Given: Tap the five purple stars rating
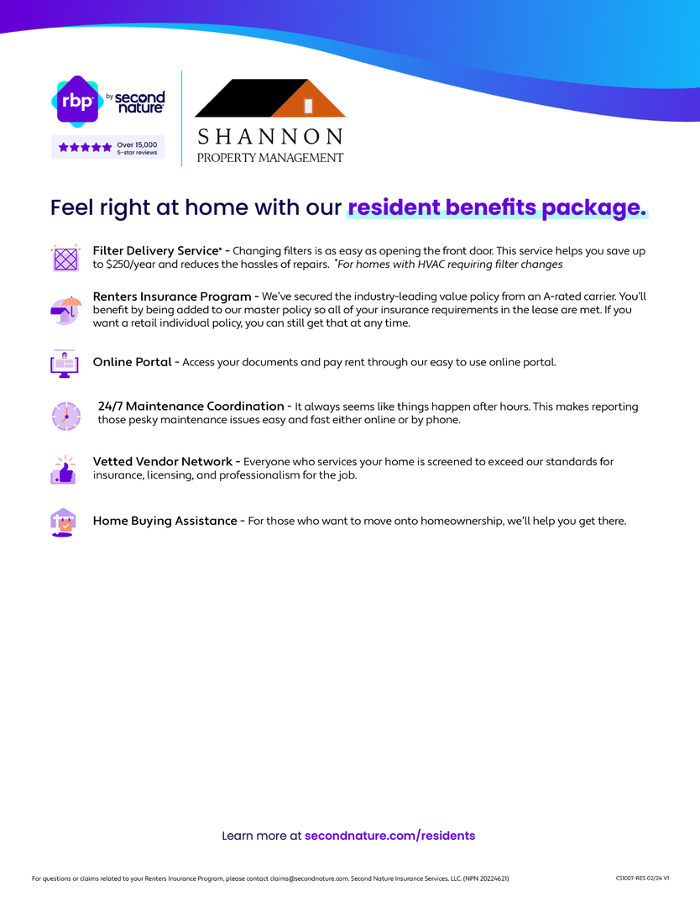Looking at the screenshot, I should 85,147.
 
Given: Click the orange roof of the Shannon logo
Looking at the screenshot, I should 311,100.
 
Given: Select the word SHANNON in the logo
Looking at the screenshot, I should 269,136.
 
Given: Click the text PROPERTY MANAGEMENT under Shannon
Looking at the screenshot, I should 269,157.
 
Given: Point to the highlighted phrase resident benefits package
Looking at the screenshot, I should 497,207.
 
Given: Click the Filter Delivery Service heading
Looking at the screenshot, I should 156,251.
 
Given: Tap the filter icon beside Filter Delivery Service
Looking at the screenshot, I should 65,258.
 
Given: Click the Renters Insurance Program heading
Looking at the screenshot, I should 172,296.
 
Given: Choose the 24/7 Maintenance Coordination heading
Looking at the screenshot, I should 191,406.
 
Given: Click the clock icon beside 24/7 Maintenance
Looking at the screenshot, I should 65,416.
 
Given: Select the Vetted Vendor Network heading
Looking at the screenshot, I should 162,462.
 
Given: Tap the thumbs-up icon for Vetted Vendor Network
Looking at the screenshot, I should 64,470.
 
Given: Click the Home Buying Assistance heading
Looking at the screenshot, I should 165,521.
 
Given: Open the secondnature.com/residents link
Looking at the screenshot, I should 389,836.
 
